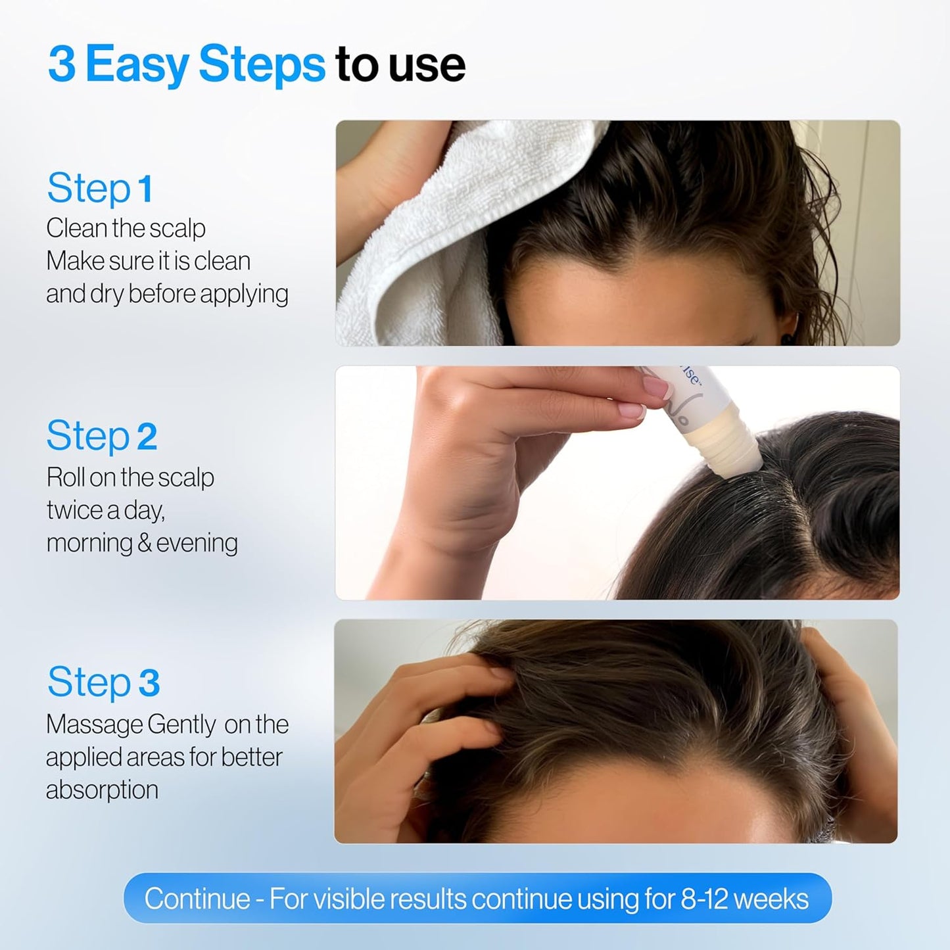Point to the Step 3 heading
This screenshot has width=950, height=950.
coord(103,682)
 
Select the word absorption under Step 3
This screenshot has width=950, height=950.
coord(102,789)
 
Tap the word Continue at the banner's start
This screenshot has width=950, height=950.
coord(197,899)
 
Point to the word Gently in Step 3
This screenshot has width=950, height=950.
coord(181,724)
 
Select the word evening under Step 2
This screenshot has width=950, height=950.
coord(197,543)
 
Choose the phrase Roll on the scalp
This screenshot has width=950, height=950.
coord(130,477)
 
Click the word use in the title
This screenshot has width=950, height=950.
coord(427,64)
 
